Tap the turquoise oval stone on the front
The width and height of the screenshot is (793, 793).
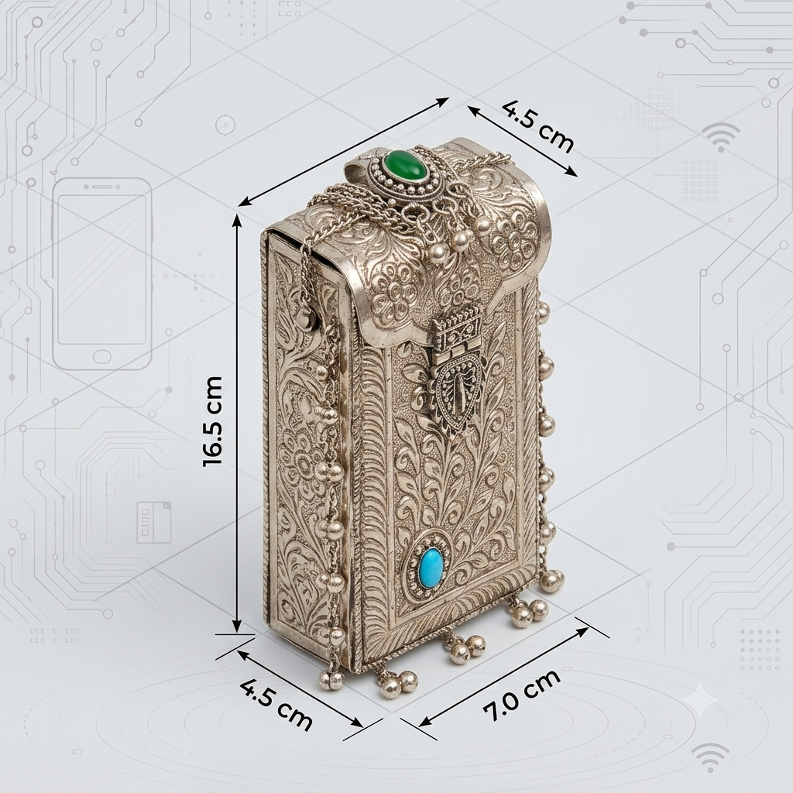click(430, 565)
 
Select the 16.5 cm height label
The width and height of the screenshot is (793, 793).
click(212, 421)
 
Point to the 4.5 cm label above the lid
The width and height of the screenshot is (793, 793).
click(538, 127)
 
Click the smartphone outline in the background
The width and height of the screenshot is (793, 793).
click(102, 273)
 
